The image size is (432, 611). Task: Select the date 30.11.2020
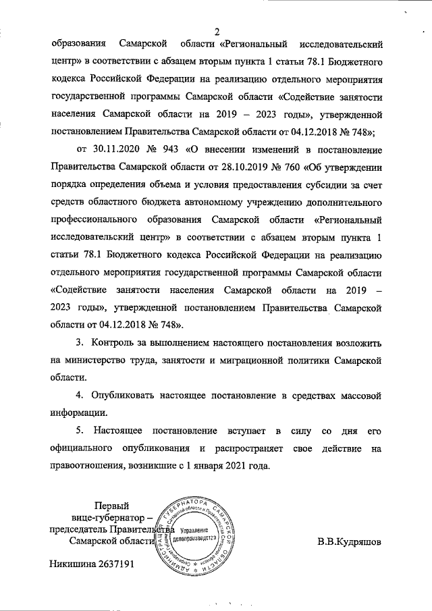101,149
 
